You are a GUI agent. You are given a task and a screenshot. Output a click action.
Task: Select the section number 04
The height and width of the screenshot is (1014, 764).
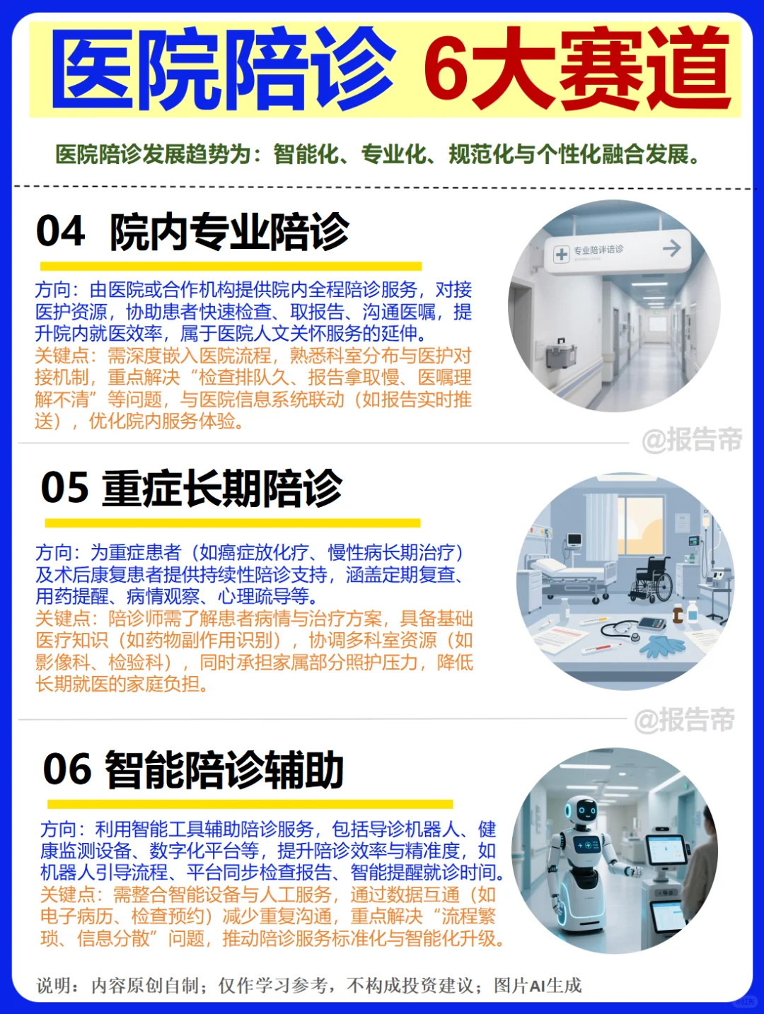click(61, 231)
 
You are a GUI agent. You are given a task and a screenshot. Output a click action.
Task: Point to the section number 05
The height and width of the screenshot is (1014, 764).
click(65, 488)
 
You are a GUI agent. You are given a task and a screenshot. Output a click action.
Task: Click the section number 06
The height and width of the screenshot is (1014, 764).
click(67, 769)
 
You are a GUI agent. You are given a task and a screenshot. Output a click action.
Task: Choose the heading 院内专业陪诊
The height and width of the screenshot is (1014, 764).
click(229, 231)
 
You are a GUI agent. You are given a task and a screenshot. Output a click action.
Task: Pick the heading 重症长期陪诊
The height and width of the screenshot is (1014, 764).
click(222, 488)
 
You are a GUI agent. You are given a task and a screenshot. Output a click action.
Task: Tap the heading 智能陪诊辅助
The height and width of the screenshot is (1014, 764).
click(224, 769)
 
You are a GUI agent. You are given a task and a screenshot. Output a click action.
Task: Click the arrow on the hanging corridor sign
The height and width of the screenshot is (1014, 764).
click(671, 247)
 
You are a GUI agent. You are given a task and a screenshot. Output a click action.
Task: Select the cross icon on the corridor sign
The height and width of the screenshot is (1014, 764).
click(562, 254)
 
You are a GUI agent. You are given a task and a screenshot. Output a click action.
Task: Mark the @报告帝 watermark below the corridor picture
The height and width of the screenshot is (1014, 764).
click(691, 440)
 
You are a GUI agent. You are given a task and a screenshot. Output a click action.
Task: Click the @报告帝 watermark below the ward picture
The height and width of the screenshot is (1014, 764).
click(684, 720)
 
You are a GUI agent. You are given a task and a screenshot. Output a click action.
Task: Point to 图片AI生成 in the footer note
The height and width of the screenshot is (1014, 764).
click(538, 985)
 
